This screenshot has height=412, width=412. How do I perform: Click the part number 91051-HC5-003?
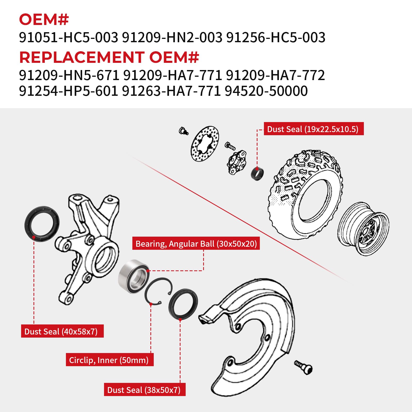[68, 37]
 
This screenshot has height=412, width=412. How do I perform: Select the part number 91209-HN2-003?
[172, 37]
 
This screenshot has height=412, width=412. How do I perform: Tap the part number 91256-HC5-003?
[276, 37]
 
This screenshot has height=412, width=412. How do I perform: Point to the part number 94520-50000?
[266, 91]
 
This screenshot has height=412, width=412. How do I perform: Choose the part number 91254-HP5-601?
[68, 91]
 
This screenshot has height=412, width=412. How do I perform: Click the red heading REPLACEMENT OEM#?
[109, 57]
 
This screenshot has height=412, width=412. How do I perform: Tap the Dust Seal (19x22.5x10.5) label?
[313, 129]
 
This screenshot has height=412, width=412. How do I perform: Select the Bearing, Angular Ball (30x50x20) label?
[196, 244]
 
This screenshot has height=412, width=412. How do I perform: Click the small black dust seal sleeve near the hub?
[257, 173]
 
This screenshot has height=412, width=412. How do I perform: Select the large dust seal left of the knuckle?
[42, 224]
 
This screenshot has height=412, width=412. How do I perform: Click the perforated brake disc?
[205, 144]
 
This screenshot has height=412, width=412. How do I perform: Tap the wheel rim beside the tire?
[363, 228]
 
